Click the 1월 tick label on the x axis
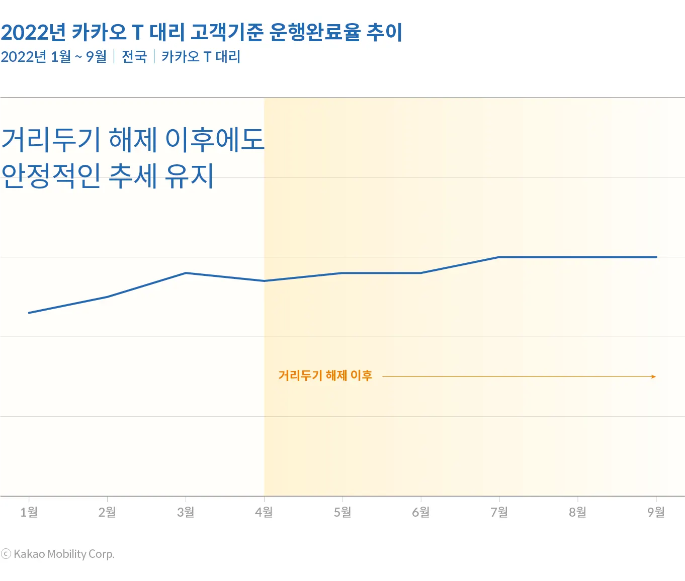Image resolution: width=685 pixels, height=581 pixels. coord(29,512)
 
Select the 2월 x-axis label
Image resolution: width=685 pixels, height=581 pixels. coord(107,512)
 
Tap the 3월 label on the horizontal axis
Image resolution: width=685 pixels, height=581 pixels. coord(186,512)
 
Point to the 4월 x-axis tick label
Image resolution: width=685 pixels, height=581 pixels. coord(264,512)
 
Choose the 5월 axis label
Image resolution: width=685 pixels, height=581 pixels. coord(342,512)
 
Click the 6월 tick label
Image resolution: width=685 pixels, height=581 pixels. coord(421,512)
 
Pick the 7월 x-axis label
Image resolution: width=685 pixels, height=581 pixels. coord(499,512)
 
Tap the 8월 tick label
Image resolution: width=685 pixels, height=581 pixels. coord(578,512)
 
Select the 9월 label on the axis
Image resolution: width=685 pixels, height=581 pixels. coord(656,512)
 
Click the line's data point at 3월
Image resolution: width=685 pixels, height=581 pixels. coord(186,273)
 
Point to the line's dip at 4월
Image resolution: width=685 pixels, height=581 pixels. coord(264,281)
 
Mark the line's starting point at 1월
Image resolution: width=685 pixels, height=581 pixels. coord(29,313)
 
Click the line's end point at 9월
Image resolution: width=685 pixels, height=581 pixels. coord(656,257)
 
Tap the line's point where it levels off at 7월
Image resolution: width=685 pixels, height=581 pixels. coord(499,257)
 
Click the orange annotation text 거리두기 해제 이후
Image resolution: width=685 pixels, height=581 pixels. coord(325,375)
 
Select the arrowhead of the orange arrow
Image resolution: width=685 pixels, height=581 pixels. coord(654,376)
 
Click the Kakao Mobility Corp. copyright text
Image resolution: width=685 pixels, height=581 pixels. coord(58,554)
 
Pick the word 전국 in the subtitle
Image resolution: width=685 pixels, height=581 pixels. coord(134,57)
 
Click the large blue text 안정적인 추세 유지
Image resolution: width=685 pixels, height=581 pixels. coord(108,176)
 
